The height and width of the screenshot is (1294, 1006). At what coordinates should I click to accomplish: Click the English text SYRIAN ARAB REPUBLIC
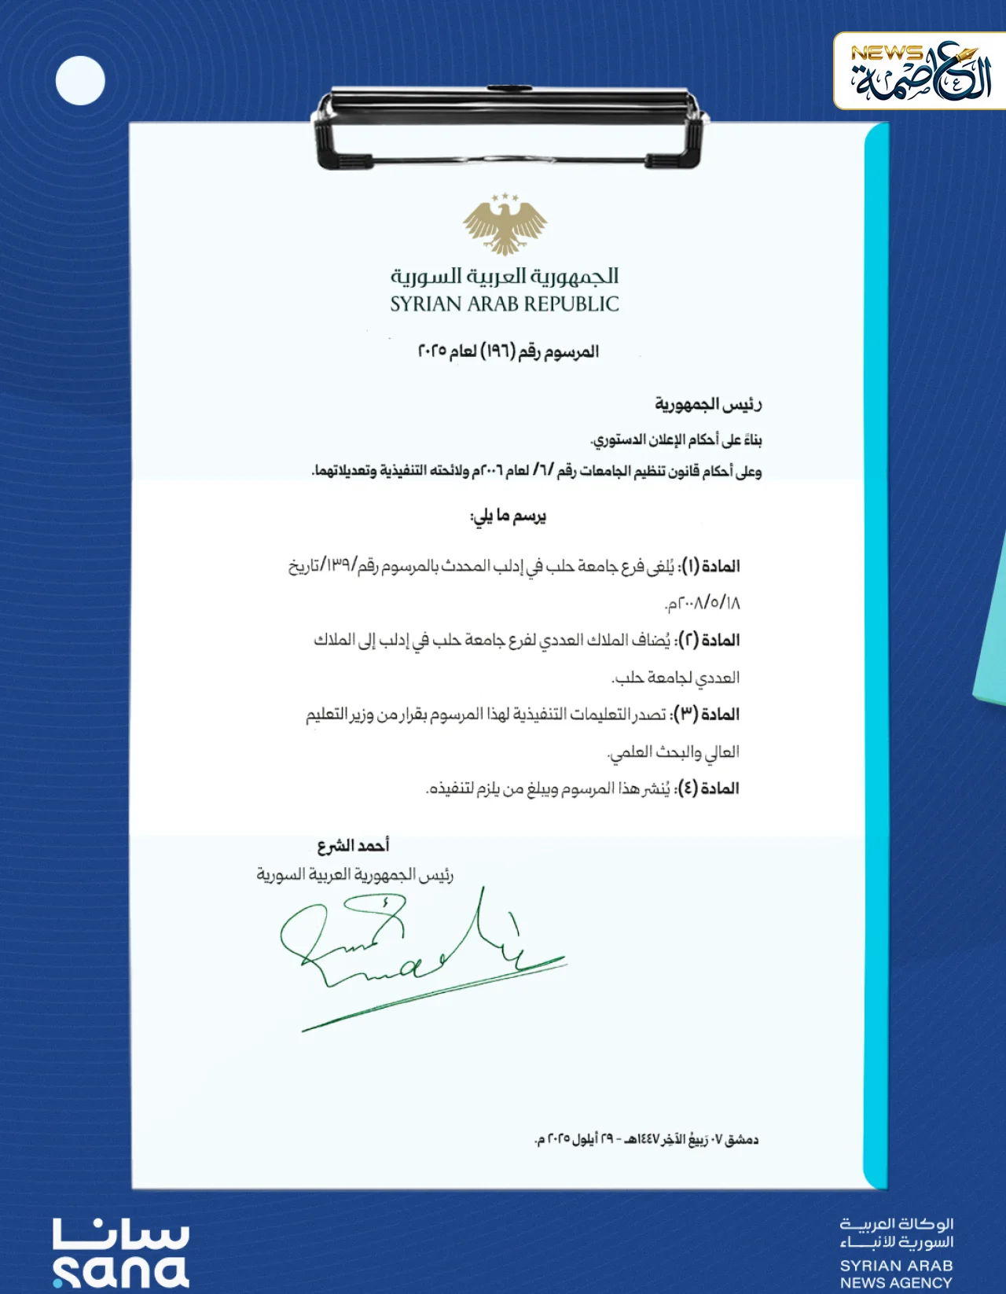tap(504, 304)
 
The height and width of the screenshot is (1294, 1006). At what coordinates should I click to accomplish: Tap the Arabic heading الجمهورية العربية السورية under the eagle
tap(504, 276)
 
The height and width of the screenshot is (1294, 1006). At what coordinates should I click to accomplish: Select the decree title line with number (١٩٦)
tap(508, 351)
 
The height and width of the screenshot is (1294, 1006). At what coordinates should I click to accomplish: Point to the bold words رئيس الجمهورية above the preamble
tap(708, 404)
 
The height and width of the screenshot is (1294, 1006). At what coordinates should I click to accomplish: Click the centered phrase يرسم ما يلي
tap(508, 516)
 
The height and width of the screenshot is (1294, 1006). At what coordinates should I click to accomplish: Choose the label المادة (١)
tap(710, 566)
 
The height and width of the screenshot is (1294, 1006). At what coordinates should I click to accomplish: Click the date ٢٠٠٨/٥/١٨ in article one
tap(702, 604)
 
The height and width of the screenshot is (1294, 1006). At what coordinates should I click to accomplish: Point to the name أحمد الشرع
tap(353, 846)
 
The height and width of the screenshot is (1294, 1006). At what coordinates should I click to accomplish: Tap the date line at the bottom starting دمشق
tap(646, 1139)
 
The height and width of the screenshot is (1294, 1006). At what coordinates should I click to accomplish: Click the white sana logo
tap(120, 1253)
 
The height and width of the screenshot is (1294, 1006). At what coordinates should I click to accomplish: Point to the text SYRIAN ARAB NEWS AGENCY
tap(896, 1274)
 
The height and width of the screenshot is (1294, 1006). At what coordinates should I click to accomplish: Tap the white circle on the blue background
tap(80, 80)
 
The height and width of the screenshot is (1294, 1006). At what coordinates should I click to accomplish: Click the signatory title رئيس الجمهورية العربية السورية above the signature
tap(354, 875)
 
